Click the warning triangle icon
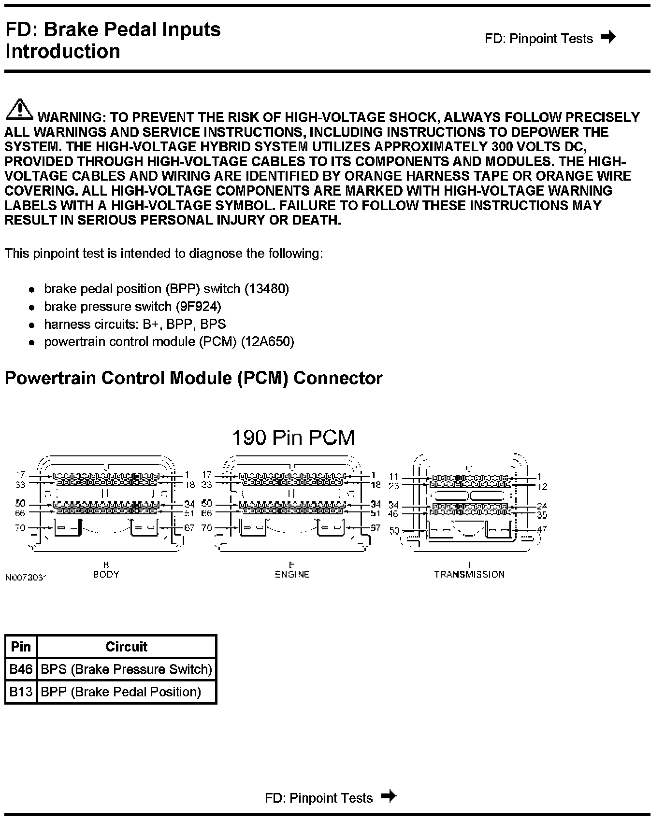click(19, 109)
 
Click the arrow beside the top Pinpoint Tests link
click(608, 37)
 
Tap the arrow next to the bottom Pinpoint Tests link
click(389, 796)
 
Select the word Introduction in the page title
click(63, 52)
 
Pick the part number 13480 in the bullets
click(267, 289)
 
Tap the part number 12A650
click(267, 342)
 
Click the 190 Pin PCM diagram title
click(293, 438)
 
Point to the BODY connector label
click(106, 574)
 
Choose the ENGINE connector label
click(292, 574)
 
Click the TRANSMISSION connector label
click(469, 574)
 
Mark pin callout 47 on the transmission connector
click(542, 529)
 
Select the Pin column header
click(21, 647)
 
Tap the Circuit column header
click(126, 647)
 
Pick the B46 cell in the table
click(21, 669)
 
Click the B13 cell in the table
click(21, 692)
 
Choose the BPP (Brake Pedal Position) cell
click(121, 692)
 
